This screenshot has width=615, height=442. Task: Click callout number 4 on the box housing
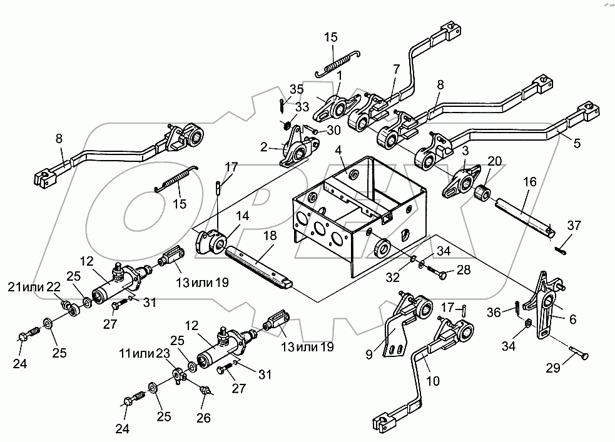(x=337, y=150)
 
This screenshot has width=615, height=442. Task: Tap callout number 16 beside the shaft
(x=530, y=182)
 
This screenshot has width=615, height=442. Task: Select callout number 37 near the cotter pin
(x=573, y=225)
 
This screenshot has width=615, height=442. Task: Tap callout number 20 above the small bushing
(x=494, y=161)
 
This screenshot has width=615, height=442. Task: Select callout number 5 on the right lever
(x=576, y=143)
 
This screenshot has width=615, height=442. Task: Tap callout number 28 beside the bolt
(x=464, y=269)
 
